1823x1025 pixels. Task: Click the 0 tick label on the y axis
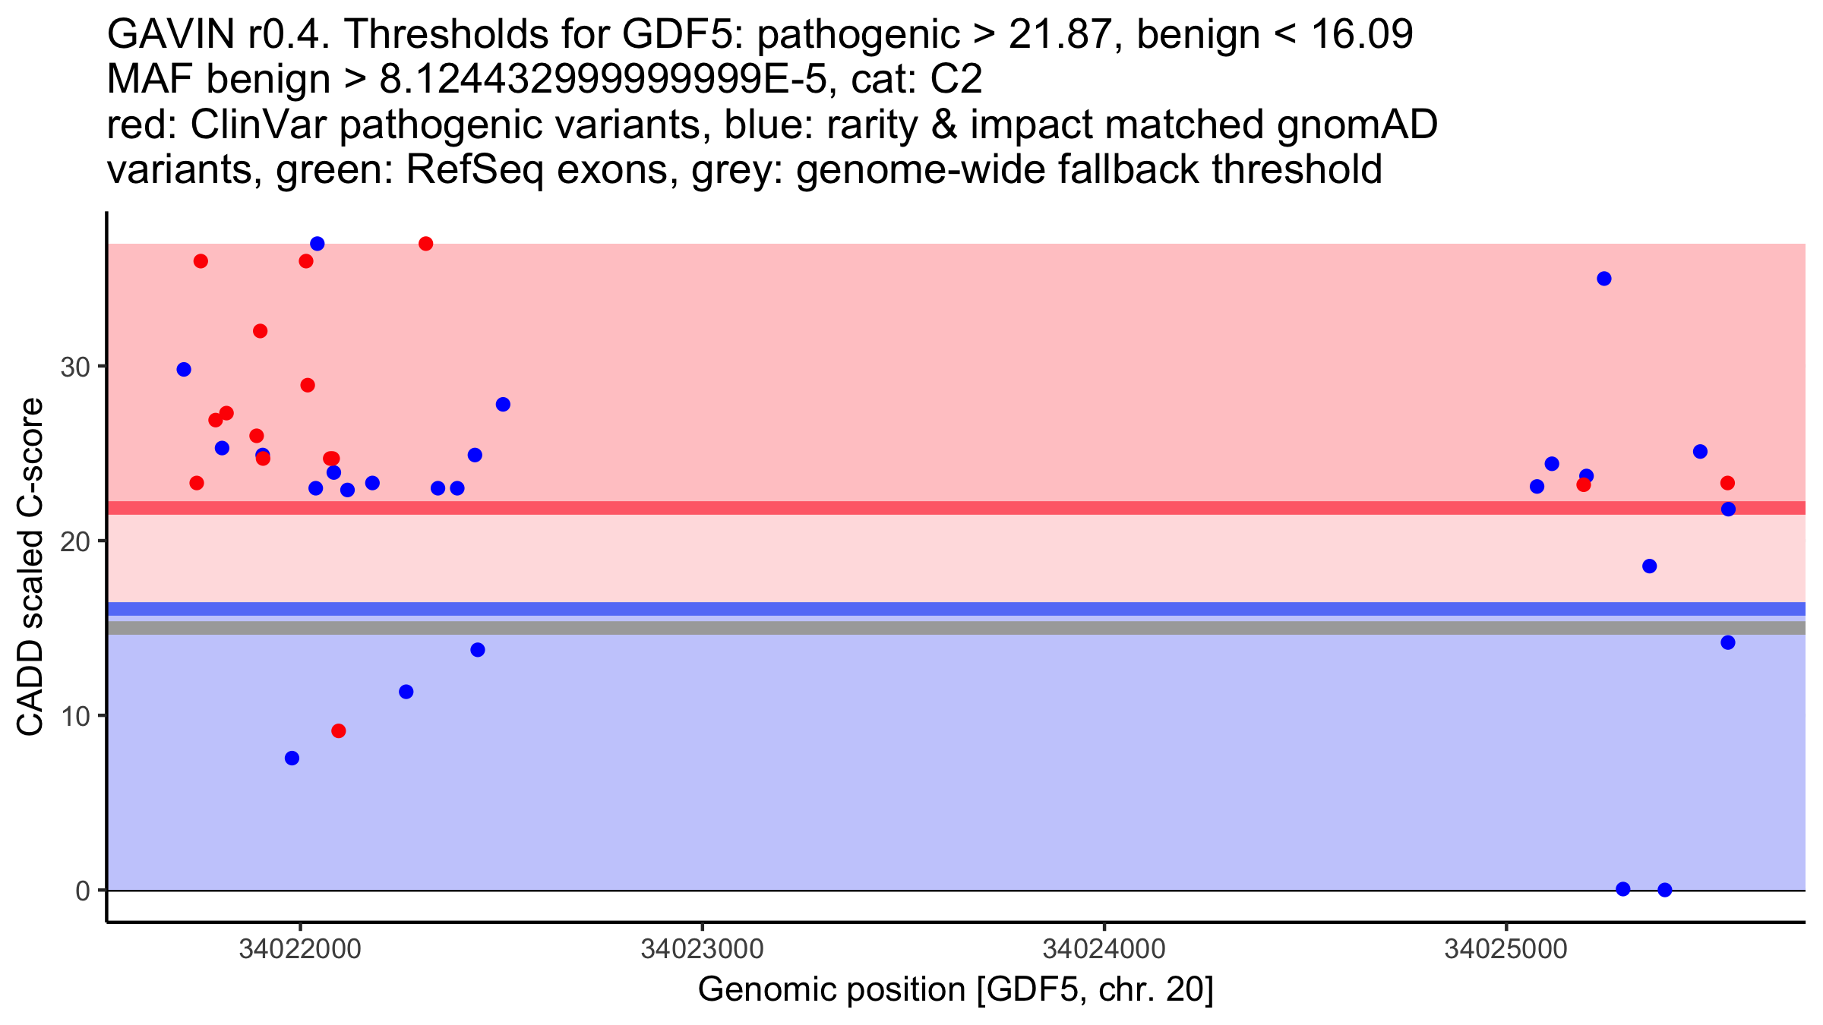[x=82, y=891]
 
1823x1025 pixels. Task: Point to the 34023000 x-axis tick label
[x=702, y=950]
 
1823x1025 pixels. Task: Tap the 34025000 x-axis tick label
[x=1505, y=950]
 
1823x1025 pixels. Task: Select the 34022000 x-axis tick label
[x=300, y=950]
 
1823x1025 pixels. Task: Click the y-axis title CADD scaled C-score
[x=30, y=568]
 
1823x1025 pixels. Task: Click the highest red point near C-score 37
[x=426, y=244]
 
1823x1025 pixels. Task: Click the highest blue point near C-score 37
[x=318, y=244]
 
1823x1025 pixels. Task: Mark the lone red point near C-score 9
[x=339, y=731]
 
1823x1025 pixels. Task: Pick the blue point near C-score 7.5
[x=292, y=758]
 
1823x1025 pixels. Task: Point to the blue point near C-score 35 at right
[x=1604, y=279]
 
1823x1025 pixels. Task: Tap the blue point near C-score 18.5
[x=1649, y=566]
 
